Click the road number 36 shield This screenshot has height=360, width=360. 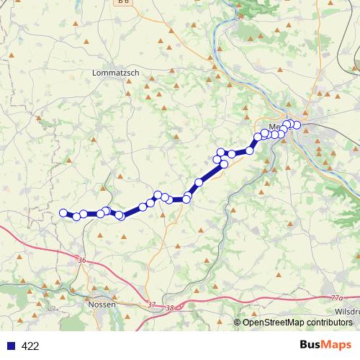coord(81,260)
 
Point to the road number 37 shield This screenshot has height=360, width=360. coord(150,305)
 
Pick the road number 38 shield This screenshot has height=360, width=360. coord(170,308)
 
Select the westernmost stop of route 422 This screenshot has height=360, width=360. coord(63,212)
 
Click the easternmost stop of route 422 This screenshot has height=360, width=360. coord(297,125)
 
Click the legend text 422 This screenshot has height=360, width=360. coord(30,346)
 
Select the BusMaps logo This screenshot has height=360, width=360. coord(323,345)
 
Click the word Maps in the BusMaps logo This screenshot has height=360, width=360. coord(336,345)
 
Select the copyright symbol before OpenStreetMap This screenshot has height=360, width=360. coord(238,322)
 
